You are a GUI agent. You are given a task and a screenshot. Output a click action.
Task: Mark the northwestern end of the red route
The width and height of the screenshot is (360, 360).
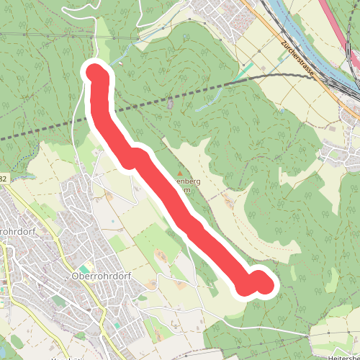click(96, 73)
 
